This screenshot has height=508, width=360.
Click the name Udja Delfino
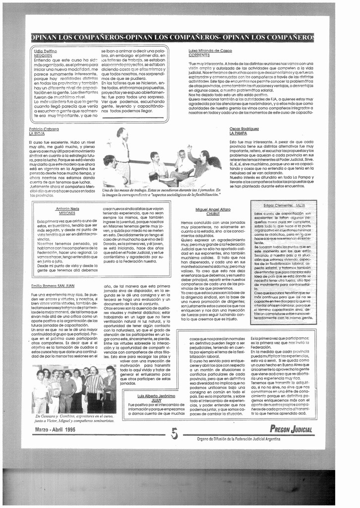45,51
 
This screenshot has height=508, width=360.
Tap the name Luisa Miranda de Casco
210,51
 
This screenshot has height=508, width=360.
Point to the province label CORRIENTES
199,55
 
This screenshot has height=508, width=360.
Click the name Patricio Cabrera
44,129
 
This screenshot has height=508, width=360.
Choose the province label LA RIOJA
37,133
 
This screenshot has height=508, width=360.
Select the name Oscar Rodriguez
244,129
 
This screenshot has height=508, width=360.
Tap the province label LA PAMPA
238,133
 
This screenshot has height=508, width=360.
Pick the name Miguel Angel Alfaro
213,209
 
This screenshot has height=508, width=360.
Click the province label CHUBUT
213,214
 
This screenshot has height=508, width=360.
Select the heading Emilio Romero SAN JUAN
53,286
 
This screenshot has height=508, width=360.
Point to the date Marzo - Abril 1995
55,430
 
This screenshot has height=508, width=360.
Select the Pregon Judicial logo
291,429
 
